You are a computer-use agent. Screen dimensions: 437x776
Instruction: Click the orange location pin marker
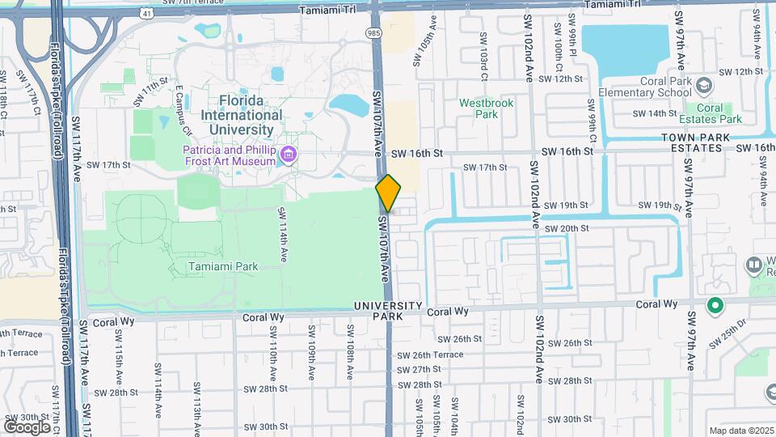[388, 193]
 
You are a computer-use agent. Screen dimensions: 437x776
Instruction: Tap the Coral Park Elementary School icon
[704, 85]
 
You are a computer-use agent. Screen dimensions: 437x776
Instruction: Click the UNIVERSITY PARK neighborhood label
[388, 311]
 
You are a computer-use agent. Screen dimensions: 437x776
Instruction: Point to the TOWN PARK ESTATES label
[690, 143]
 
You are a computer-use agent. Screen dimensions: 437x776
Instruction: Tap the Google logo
[27, 426]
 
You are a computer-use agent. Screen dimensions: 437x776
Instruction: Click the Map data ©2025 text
[740, 431]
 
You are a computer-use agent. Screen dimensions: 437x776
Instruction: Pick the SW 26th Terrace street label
[437, 354]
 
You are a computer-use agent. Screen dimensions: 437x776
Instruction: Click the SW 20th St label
[566, 229]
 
